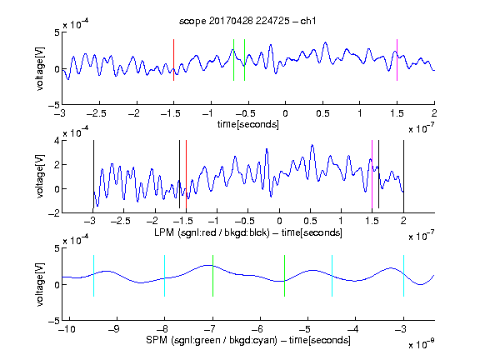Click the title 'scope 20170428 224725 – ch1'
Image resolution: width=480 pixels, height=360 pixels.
coord(247,21)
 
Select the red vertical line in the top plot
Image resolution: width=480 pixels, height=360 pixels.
coord(173,60)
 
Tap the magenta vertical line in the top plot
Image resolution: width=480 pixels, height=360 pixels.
coord(397,60)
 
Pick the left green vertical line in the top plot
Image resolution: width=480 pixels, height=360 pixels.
coord(233,60)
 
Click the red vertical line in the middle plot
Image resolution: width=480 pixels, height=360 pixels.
coord(186,174)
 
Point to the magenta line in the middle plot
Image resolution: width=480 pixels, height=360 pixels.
coord(372,174)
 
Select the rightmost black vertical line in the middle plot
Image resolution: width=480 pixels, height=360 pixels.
coord(403,177)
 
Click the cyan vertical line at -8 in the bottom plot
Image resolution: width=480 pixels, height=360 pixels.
coord(164,276)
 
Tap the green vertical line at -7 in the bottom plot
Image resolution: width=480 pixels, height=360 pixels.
coord(212,276)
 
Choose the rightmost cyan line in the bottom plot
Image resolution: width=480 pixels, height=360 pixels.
coord(403,276)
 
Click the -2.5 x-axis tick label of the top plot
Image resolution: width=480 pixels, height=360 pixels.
coord(96,113)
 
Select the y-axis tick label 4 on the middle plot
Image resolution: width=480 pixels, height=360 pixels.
coord(57,141)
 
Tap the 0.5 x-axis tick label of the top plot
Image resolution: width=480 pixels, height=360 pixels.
coord(322,113)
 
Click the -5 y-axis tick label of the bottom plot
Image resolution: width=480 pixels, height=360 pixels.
coord(54,321)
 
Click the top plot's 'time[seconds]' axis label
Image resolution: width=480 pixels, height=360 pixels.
coord(248,124)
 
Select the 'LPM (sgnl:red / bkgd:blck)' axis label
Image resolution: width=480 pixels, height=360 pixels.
coord(212,232)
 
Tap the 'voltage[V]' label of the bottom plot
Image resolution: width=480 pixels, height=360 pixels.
coord(40,284)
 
